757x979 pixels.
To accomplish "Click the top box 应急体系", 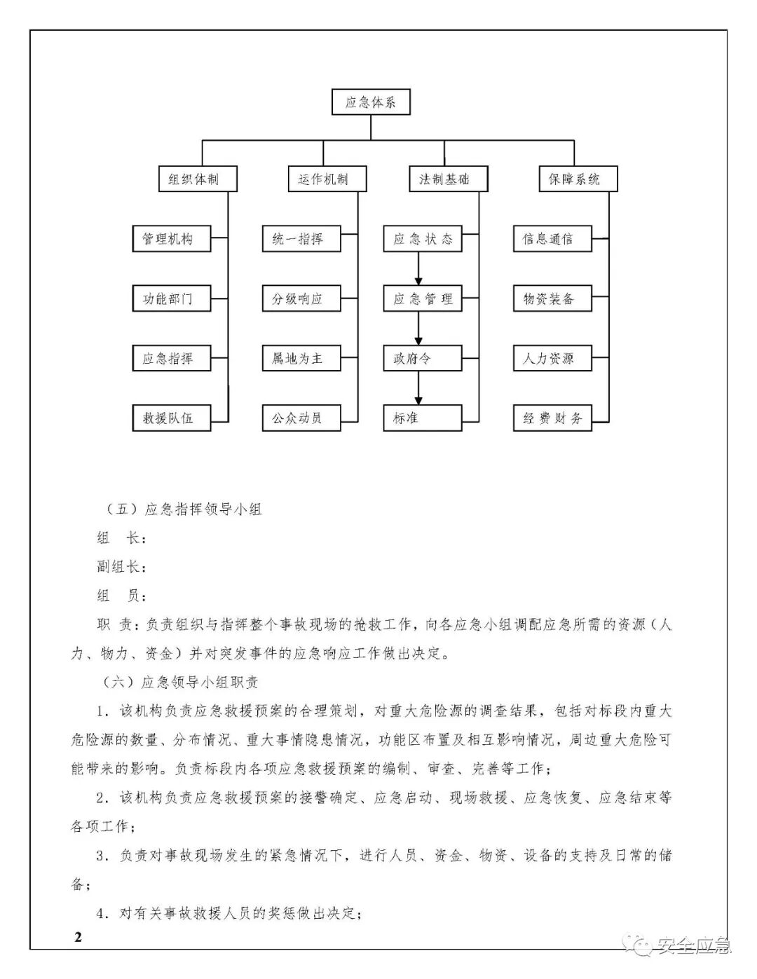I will tap(370, 102).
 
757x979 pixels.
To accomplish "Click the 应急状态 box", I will tap(423, 239).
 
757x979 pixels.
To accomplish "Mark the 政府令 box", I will tap(423, 359).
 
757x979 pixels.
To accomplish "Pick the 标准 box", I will tap(423, 418).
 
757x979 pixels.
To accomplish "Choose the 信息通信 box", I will tap(552, 239).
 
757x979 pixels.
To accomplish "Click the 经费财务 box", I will tap(552, 418).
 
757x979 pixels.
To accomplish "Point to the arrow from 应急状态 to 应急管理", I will tap(418, 268).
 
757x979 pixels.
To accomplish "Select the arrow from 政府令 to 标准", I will tap(418, 388).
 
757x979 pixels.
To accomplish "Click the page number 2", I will tap(78, 938).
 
